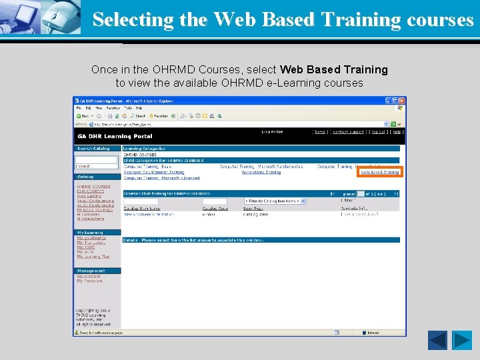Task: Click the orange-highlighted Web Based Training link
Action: tap(380, 172)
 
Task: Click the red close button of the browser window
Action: tap(401, 101)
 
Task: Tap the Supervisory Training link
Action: tap(261, 172)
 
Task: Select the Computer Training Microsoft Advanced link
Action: tap(162, 178)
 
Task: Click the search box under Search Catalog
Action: tap(97, 160)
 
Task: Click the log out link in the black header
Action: tap(378, 132)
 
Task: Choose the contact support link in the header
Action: tap(349, 132)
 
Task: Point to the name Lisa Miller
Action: tap(271, 132)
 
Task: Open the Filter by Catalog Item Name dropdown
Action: tap(275, 201)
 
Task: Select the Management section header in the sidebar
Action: tap(91, 271)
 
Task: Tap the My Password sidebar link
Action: tap(89, 281)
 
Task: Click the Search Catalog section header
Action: tap(94, 148)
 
